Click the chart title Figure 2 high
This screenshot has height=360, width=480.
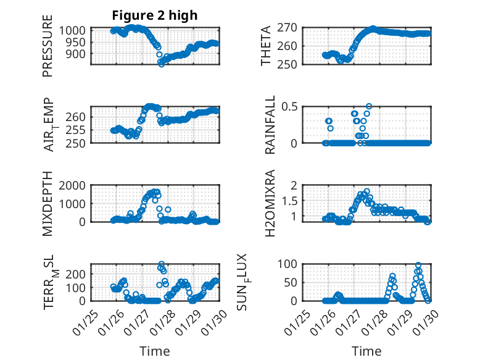click(x=155, y=15)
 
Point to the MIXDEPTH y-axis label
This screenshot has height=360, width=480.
click(x=48, y=204)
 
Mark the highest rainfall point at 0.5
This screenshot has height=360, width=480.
click(x=369, y=106)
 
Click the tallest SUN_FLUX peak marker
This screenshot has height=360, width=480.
click(x=418, y=265)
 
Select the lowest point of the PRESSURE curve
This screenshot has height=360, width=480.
click(x=162, y=64)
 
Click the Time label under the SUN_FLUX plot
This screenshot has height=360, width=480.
click(x=366, y=351)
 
